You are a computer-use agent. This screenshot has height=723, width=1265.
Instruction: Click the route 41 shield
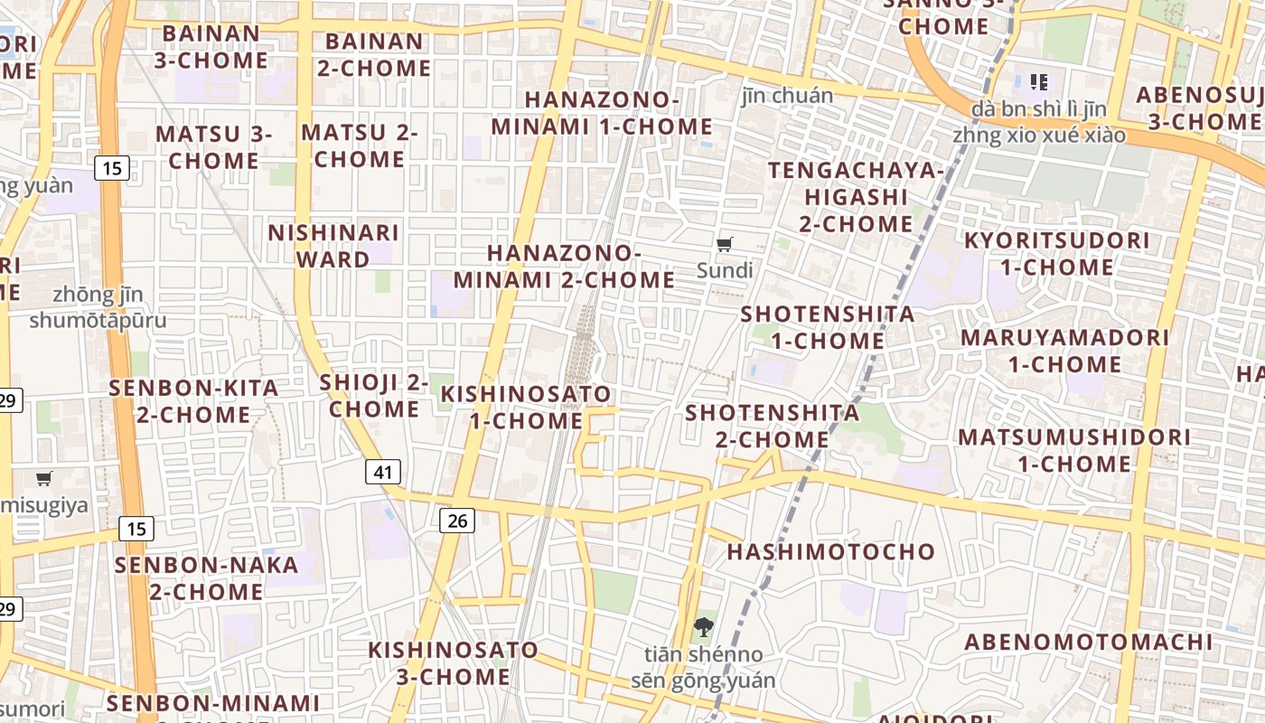coord(384,472)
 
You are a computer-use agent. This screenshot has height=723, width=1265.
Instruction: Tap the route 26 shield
coord(458,520)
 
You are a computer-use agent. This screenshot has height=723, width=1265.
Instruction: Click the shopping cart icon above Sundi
coord(724,245)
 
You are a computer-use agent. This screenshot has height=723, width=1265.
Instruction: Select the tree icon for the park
coord(703,626)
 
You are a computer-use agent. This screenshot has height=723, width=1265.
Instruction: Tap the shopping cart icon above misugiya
coord(44,479)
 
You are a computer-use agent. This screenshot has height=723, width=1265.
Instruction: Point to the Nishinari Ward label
coord(333,246)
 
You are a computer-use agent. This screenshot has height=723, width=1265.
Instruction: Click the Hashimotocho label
coord(830,551)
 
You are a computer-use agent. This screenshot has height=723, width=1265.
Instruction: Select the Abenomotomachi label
coord(1088,643)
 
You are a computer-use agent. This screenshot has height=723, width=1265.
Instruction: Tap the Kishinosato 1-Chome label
coord(526,408)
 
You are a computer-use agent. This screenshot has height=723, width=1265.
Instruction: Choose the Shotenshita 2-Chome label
coord(772,426)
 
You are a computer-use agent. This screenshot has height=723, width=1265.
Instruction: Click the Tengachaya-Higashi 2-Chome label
coord(856,196)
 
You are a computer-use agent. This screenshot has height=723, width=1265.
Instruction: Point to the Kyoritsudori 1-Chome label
coord(1056,254)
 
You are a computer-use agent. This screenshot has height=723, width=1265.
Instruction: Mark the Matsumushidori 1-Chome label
coord(1073,450)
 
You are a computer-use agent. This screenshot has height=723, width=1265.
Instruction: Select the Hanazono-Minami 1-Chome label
coord(602,113)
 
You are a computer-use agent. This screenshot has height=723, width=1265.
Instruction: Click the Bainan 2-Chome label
coord(374,54)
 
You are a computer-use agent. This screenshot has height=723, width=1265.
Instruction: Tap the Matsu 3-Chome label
coord(213,147)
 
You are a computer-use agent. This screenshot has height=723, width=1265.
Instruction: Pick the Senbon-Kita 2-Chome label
coord(193,401)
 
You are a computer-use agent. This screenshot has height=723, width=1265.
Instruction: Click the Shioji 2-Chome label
coord(374,396)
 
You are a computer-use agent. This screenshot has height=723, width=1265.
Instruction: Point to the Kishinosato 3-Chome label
coord(453,662)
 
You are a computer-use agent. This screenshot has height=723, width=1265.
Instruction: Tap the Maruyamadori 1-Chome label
coord(1064,351)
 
